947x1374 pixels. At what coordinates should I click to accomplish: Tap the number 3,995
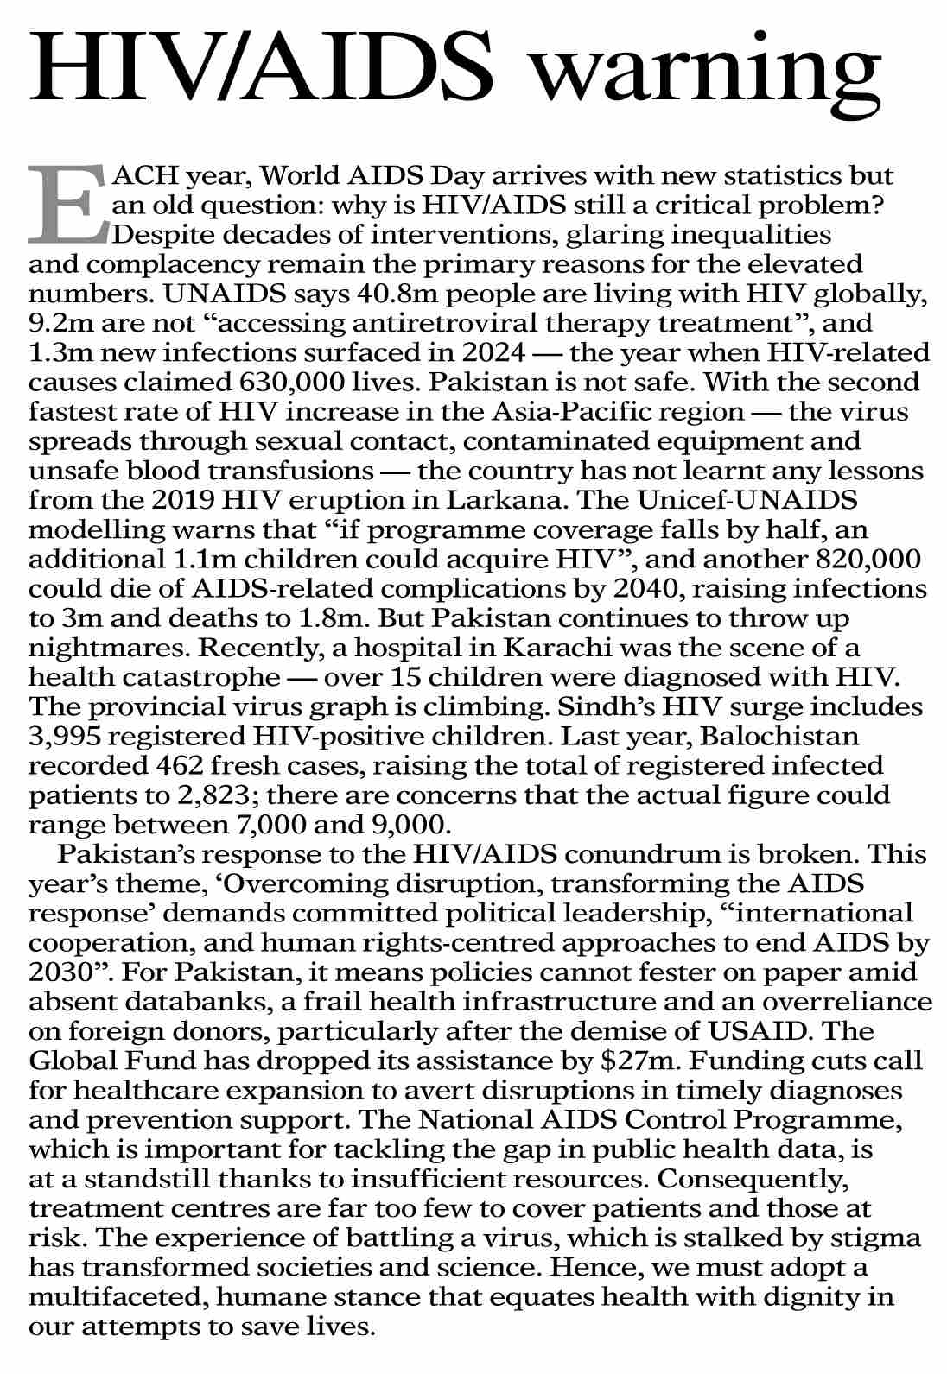point(62,737)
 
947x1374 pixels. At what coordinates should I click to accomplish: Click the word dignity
point(798,1296)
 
